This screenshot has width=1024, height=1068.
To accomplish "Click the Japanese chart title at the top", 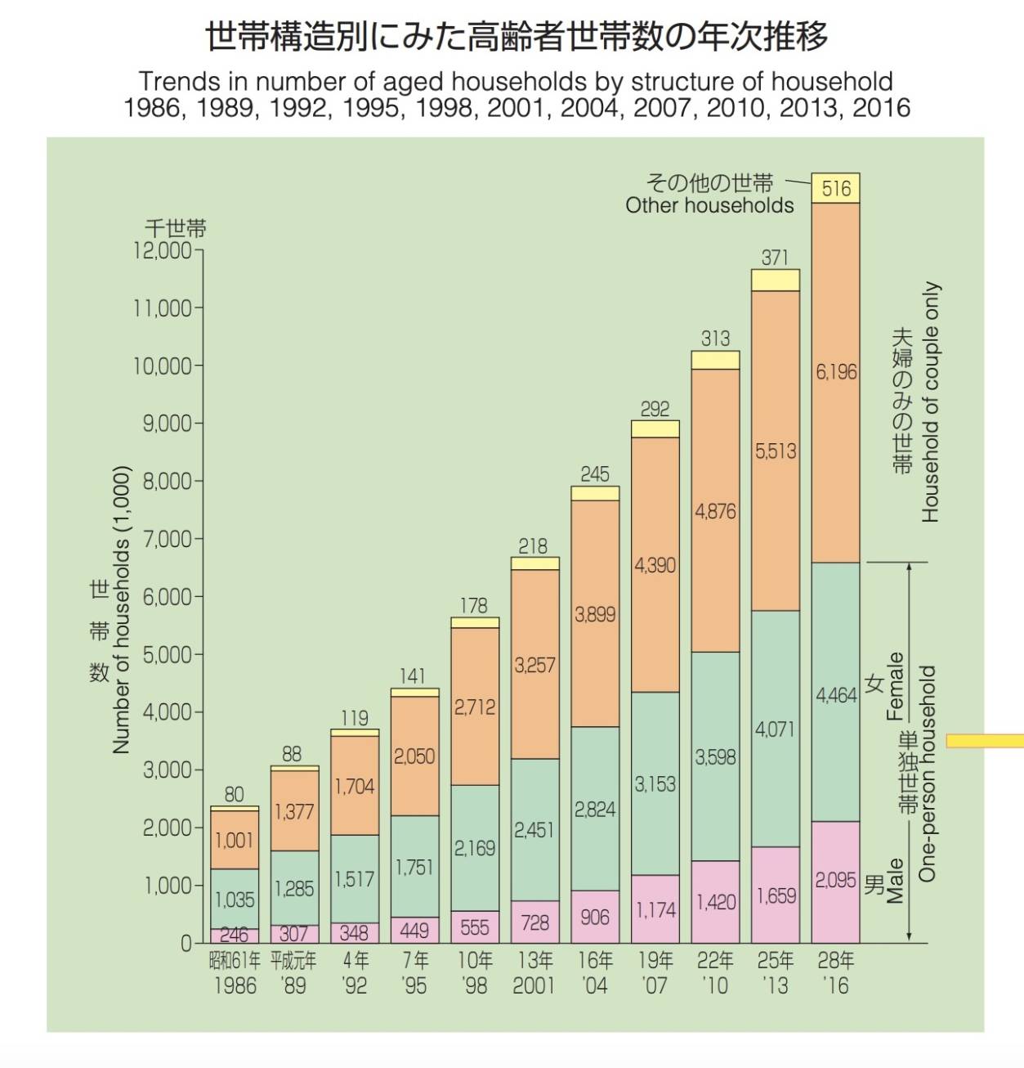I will pos(516,37).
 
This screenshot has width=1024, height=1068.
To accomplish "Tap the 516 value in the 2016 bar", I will pos(835,189).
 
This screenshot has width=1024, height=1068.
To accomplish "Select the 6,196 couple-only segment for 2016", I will pos(835,372).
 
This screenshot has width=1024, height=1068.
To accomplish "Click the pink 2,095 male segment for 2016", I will pos(835,880).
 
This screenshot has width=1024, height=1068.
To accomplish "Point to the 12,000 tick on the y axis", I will pos(163,250).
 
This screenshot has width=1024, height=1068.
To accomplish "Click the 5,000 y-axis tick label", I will pos(167,655).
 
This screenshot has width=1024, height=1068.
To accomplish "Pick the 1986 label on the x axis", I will pos(235,986).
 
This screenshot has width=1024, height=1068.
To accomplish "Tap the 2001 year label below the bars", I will pos(534,986).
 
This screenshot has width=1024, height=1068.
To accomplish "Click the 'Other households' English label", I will pos(709,206).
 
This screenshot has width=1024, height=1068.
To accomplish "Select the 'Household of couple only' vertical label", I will pos(931,402).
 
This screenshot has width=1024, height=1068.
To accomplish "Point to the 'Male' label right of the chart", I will pos(896,881).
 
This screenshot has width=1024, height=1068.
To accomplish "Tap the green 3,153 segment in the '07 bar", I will pos(655,784).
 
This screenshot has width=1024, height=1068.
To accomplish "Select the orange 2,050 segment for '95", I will pos(414,756).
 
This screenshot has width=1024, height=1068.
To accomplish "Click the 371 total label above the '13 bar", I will pos(775,258).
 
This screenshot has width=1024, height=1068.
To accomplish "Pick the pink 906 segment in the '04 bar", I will pos(594,918).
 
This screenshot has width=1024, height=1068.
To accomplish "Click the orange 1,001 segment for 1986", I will pos(234,841).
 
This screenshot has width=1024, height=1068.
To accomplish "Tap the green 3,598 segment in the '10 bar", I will pos(715,757).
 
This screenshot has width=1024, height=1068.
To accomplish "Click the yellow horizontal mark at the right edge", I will pos(984,741).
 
